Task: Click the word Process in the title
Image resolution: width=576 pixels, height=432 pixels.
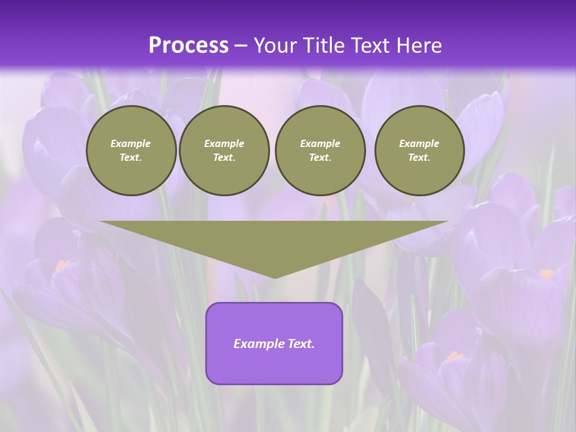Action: [188, 45]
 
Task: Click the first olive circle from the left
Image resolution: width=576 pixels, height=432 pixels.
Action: [131, 151]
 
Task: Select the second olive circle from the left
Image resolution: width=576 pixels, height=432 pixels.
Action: [224, 151]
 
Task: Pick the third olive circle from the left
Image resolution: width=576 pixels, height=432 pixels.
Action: [320, 151]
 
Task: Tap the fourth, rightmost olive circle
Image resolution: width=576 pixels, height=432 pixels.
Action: [419, 151]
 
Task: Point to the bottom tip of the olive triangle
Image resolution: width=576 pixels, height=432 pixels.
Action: [275, 277]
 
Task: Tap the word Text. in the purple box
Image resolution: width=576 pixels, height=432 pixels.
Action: [301, 344]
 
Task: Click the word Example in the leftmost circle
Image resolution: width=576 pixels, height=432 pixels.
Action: [131, 143]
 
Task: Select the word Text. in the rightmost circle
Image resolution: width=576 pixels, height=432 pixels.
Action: [419, 158]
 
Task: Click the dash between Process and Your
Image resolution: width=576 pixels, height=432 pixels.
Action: [241, 45]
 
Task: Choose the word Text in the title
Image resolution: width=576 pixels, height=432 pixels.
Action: [371, 45]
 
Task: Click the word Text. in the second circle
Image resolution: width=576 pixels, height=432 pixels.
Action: [224, 158]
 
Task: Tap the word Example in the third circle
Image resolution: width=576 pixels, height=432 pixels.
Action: [320, 143]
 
